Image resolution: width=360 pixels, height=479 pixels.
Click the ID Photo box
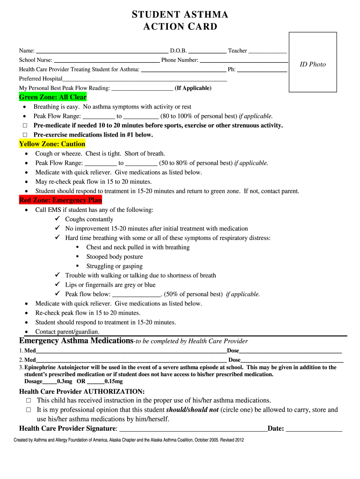point(313,62)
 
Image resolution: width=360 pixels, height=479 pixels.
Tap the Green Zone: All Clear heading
point(53,97)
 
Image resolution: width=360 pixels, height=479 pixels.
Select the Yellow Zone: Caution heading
point(52,144)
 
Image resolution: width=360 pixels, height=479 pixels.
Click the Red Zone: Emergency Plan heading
point(60,200)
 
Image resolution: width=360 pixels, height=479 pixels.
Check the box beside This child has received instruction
point(28,401)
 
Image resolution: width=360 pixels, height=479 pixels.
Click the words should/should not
point(193,410)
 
